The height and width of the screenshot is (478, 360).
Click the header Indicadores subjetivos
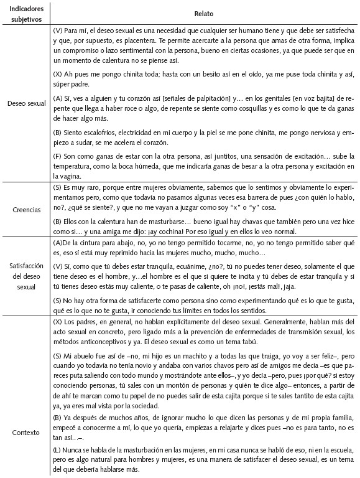(x=25, y=13)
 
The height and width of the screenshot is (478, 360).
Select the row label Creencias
(x=25, y=210)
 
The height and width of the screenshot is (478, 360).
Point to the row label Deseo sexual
(x=25, y=103)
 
